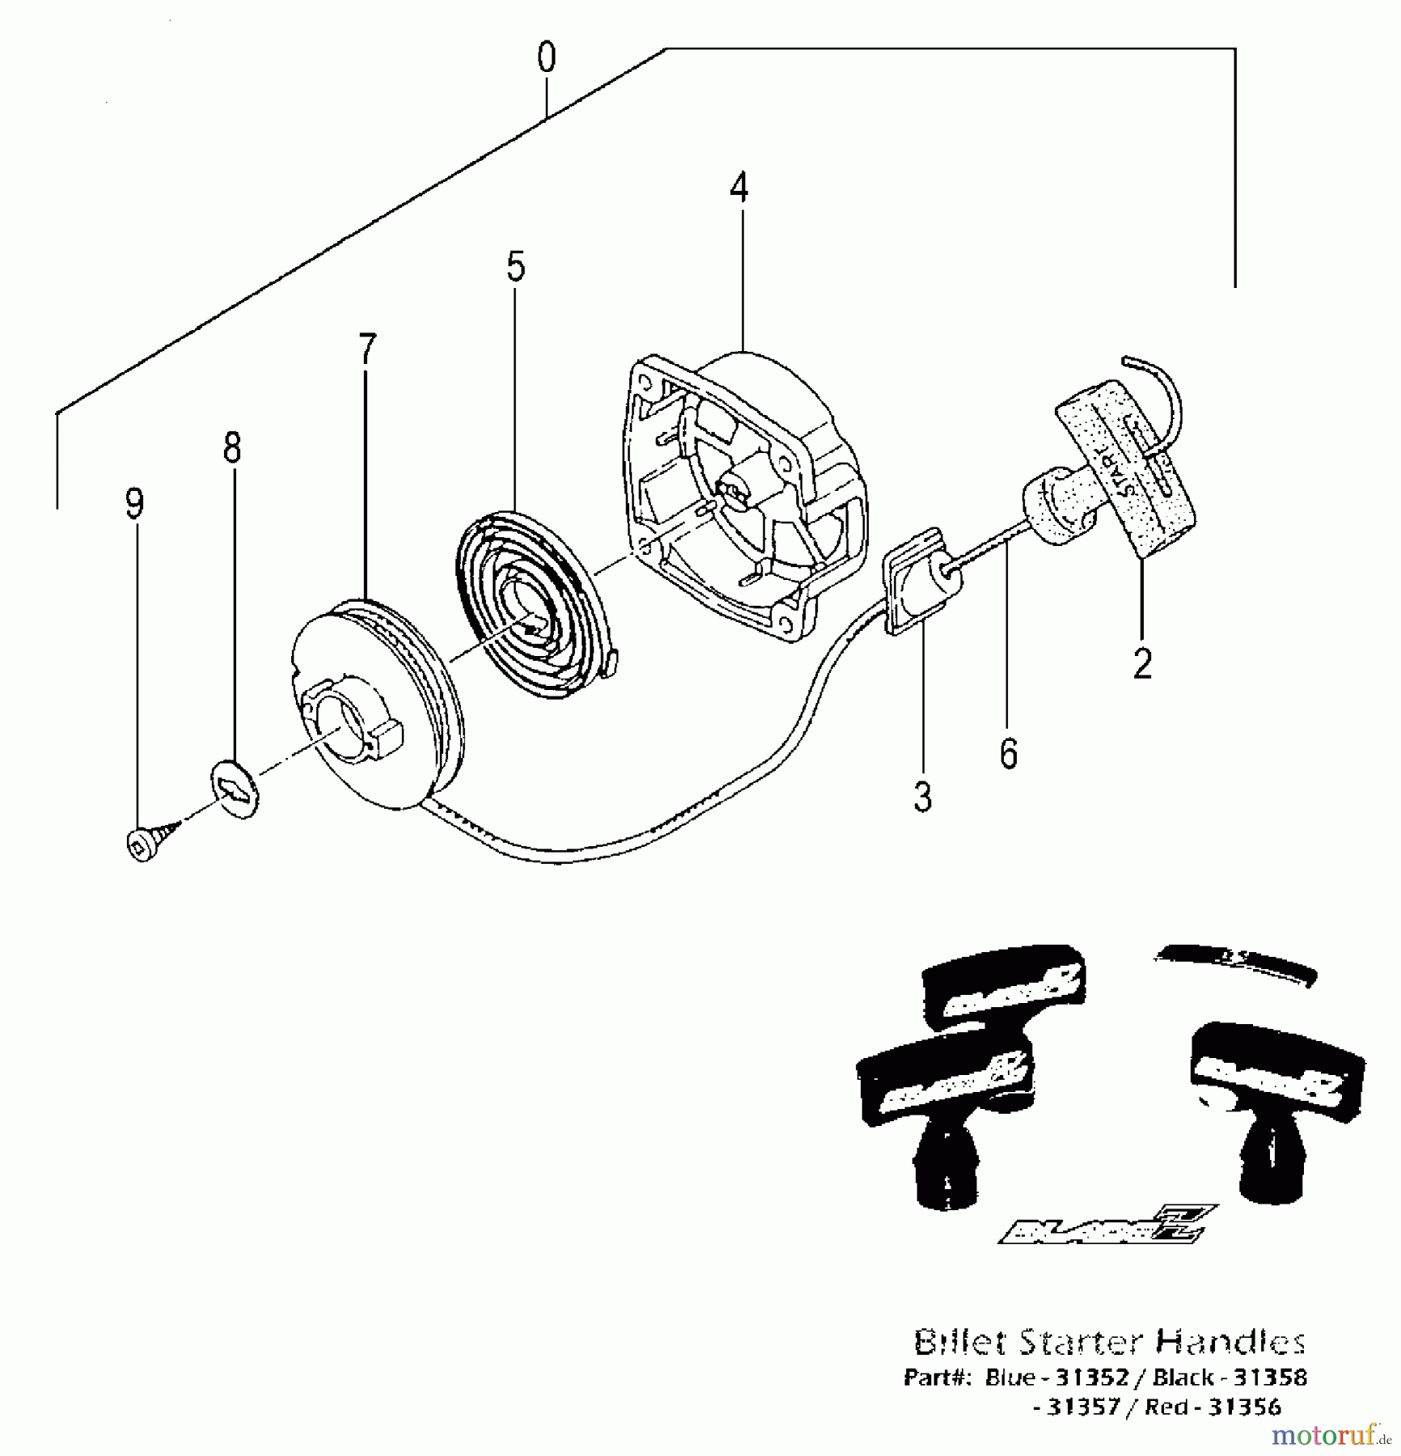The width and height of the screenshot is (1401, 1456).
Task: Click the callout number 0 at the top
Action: [547, 59]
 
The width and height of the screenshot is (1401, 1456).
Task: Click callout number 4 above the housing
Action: [739, 188]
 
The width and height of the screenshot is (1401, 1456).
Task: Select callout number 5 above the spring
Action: [516, 267]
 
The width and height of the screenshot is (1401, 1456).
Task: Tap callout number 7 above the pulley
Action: [368, 349]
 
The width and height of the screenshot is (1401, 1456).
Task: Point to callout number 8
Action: [232, 447]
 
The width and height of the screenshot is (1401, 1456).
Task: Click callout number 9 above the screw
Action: [135, 504]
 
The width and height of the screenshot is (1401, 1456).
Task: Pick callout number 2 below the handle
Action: [1142, 664]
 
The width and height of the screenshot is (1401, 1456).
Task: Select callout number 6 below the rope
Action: [1008, 754]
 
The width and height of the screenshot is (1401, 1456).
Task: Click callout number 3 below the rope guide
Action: [923, 797]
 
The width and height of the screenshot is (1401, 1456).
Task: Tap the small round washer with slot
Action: [234, 789]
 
